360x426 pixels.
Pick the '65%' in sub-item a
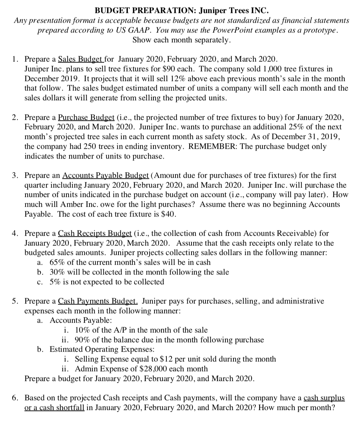pos(59,262)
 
